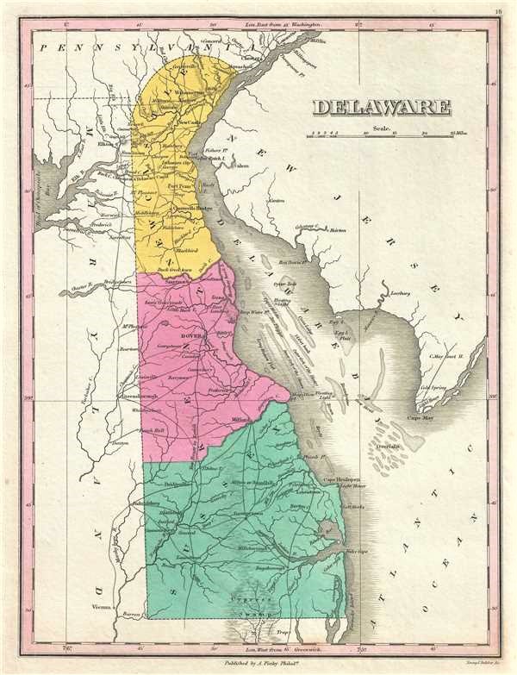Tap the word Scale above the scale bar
382,127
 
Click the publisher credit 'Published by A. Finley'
258,666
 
